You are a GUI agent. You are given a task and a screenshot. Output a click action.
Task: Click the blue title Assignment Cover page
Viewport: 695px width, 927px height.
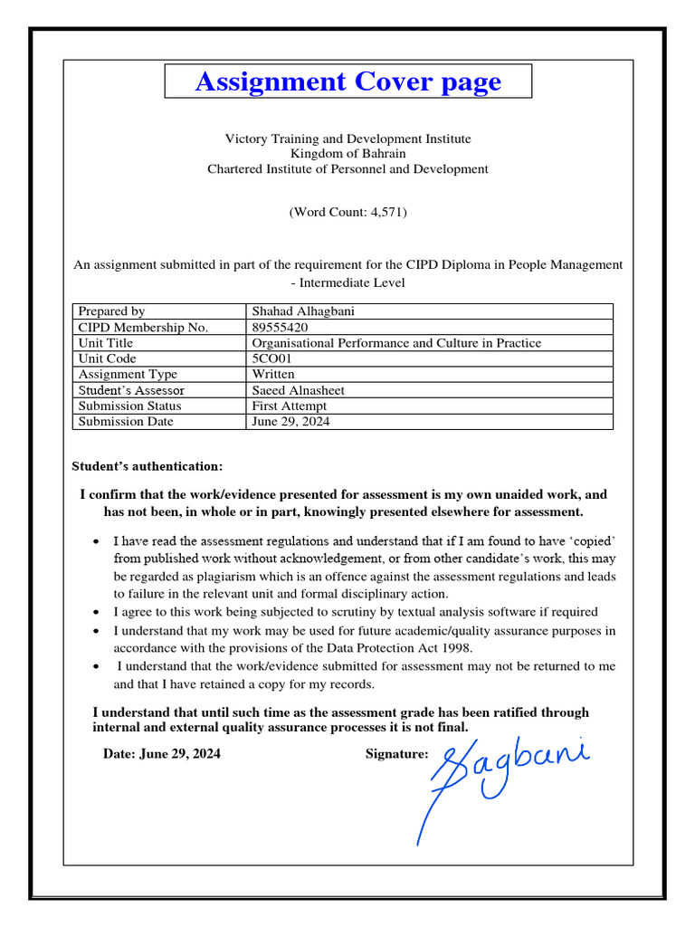[347, 81]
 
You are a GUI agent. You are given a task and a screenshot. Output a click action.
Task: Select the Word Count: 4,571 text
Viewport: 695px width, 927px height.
[347, 213]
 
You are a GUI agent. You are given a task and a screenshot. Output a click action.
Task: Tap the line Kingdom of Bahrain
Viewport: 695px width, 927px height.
[347, 154]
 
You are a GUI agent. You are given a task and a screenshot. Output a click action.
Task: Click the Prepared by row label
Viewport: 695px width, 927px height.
[111, 311]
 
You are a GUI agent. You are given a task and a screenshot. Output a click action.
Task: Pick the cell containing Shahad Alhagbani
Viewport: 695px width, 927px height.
[303, 311]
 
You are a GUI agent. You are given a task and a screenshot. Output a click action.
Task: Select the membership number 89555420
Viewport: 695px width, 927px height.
[280, 327]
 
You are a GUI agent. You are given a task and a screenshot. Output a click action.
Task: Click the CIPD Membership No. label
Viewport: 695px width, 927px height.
[143, 327]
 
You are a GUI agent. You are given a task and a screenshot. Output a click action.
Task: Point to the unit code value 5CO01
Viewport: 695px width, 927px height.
[272, 358]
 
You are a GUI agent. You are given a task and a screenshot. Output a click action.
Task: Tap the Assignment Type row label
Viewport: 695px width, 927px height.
[128, 374]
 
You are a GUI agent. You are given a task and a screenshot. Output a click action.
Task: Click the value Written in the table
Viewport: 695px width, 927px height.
[272, 374]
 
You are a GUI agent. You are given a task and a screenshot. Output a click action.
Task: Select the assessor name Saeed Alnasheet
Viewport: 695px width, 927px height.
[298, 390]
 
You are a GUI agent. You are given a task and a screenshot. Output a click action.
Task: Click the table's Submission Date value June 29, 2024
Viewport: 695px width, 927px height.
[290, 422]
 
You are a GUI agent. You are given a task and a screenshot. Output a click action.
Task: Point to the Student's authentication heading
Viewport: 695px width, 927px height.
[147, 466]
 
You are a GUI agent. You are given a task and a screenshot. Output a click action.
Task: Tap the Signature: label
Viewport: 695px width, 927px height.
[396, 753]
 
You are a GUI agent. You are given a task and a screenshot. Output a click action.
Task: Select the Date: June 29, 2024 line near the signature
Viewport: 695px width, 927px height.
[161, 753]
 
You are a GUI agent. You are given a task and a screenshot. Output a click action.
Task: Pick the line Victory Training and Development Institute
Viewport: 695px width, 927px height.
[347, 139]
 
